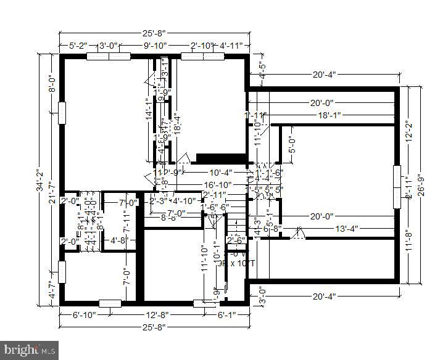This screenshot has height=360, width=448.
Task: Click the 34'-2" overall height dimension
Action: [x=38, y=178]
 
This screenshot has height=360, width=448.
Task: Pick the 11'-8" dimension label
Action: [x=409, y=239]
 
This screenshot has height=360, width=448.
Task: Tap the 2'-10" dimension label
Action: [x=202, y=45]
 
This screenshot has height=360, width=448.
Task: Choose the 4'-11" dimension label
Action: [x=232, y=45]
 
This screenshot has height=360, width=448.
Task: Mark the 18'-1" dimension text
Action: [x=330, y=115]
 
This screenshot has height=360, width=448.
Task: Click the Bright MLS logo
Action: [x=30, y=350]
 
